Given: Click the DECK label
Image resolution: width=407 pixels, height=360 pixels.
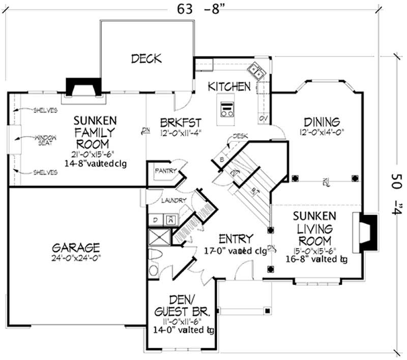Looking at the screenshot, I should tap(147, 58).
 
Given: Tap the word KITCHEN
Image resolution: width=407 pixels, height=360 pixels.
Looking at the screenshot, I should tap(229, 86).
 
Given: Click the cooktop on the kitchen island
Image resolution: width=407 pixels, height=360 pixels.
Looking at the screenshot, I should tap(227, 109).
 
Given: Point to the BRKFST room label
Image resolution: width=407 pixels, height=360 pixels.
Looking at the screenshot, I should tap(181, 123).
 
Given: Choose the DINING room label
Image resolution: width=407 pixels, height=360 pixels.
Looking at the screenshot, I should tap(322, 122).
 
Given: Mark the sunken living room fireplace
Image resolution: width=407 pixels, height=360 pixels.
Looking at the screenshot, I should tap(367, 231).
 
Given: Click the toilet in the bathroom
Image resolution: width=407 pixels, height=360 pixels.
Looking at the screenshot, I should tap(156, 256).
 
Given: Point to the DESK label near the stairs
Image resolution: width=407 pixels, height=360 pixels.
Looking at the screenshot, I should tap(240, 136).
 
